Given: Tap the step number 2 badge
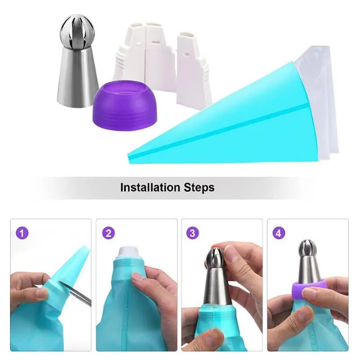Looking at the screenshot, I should (108, 233).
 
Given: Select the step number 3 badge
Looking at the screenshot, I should (193, 233).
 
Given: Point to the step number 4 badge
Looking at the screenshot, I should (279, 233).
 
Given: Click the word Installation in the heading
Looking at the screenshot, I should (151, 187).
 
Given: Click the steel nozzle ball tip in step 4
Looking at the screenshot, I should (309, 250).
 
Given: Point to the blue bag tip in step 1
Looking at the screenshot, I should (76, 261).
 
